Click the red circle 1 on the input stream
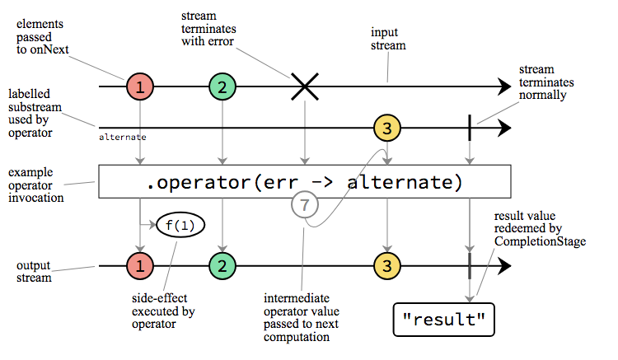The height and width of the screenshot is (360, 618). click(x=140, y=86)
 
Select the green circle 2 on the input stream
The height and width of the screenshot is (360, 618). click(x=222, y=86)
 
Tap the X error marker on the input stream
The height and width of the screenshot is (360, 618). click(x=305, y=86)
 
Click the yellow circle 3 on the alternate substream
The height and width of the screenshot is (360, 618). click(x=387, y=128)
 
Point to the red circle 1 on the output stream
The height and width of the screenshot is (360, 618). click(x=140, y=266)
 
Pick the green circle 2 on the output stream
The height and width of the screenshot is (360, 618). click(x=222, y=266)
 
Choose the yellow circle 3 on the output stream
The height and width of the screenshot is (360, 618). click(x=387, y=266)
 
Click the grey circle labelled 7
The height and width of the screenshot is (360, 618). click(x=305, y=205)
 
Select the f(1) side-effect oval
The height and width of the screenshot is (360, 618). click(x=180, y=225)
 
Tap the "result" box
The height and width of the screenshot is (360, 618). click(x=444, y=320)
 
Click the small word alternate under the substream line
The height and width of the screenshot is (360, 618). click(x=123, y=137)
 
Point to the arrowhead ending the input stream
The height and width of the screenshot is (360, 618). click(x=504, y=86)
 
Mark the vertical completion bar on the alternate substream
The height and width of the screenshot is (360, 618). click(x=470, y=128)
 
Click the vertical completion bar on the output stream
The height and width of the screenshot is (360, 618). click(x=470, y=266)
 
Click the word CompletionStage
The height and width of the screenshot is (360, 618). click(x=540, y=241)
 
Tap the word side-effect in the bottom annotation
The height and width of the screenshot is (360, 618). click(x=159, y=298)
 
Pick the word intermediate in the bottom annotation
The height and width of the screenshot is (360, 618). click(x=297, y=298)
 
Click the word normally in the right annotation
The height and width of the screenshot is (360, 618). click(x=542, y=95)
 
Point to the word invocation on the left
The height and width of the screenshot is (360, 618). click(x=36, y=198)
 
